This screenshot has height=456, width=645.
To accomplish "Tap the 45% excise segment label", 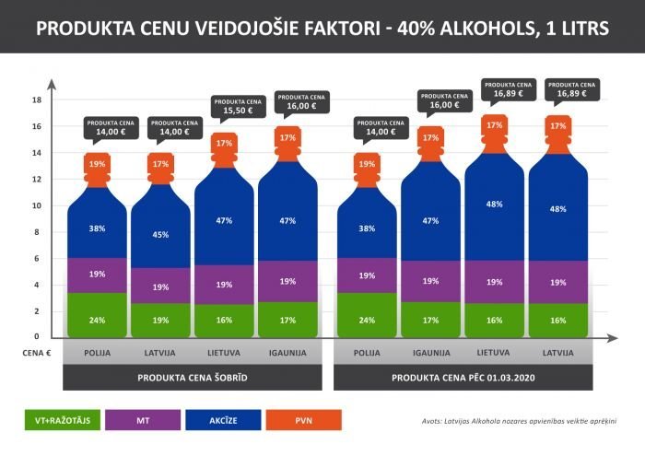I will tap(161, 234).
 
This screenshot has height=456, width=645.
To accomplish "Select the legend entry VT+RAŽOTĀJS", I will tap(62, 421).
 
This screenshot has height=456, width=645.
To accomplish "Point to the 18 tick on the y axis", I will tap(37, 99).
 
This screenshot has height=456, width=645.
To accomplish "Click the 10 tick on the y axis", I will tap(37, 205).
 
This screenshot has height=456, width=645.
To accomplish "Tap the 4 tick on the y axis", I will tap(38, 285).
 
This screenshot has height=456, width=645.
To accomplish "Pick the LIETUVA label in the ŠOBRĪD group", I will tap(225, 352).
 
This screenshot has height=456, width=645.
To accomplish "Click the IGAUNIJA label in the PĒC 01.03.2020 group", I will tap(431, 352).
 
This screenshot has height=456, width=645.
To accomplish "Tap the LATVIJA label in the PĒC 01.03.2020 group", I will tap(557, 352).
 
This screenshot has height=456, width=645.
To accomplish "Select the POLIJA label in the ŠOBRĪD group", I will tap(97, 352).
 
